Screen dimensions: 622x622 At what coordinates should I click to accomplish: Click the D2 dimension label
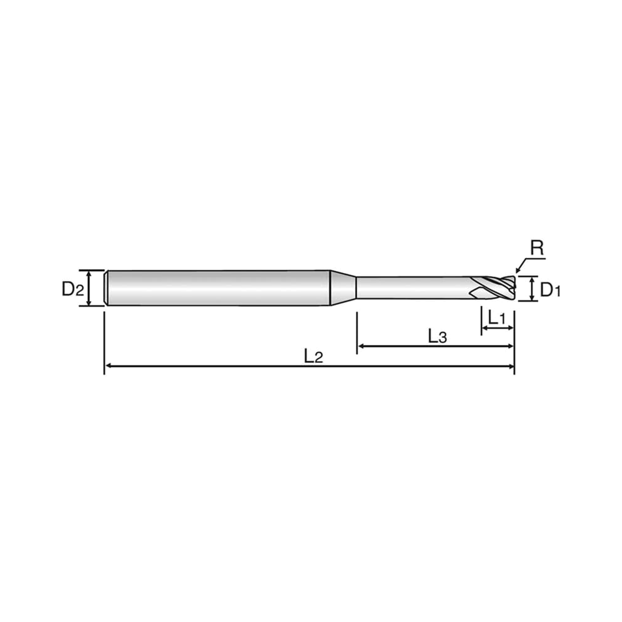click(73, 289)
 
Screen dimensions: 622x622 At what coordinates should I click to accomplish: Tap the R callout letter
click(537, 248)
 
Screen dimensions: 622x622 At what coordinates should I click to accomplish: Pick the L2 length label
click(313, 357)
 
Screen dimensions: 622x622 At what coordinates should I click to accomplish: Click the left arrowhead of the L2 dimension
click(109, 366)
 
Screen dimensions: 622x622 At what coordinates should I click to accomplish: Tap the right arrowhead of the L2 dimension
click(511, 366)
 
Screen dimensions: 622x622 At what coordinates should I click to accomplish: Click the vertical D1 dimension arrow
click(532, 289)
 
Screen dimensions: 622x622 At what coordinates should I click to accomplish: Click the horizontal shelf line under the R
click(535, 258)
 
